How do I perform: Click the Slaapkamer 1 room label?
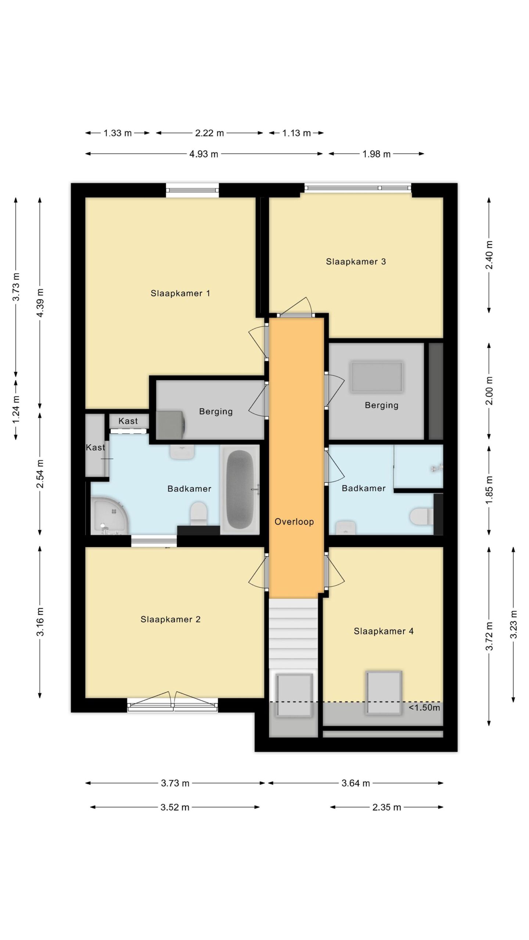click(180, 293)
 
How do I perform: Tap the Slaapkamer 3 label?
click(356, 262)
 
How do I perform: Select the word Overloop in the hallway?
click(294, 522)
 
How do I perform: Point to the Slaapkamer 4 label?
click(384, 631)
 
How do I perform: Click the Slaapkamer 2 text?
click(170, 619)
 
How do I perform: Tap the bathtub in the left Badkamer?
click(240, 489)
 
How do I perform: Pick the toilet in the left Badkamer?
click(199, 514)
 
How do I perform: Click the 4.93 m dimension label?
click(204, 154)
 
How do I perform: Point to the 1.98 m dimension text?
click(376, 154)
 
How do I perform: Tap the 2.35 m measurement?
click(386, 807)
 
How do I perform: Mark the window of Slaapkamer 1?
click(192, 190)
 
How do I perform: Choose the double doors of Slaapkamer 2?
click(173, 702)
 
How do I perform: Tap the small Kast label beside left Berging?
click(128, 421)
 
